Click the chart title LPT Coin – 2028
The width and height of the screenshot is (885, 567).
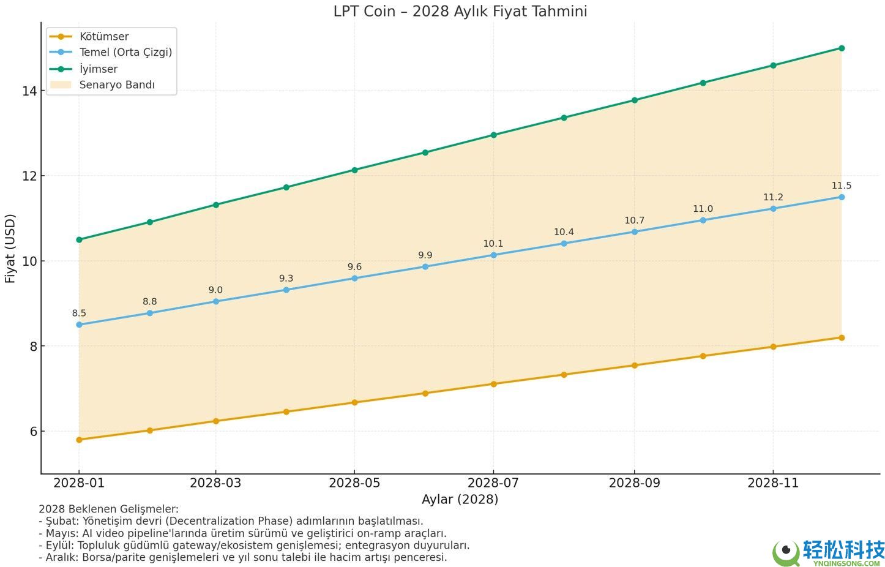click(460, 11)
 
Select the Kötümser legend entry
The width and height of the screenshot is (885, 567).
click(104, 37)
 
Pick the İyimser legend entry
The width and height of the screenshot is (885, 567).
click(99, 69)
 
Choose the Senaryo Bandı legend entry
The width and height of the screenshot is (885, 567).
click(117, 85)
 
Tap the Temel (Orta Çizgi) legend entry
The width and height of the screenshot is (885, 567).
click(125, 53)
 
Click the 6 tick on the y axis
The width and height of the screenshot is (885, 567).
click(32, 432)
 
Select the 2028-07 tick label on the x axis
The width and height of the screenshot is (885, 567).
click(493, 483)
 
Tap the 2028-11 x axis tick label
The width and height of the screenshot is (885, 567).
click(773, 483)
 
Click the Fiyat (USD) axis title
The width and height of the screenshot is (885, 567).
click(10, 249)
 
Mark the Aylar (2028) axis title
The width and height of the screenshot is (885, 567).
click(460, 500)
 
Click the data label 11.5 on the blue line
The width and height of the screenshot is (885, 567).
click(841, 186)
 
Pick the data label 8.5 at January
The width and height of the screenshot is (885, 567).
click(79, 314)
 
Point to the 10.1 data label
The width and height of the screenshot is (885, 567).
click(493, 244)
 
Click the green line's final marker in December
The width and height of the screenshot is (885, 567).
click(842, 48)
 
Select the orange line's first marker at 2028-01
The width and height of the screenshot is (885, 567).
click(79, 440)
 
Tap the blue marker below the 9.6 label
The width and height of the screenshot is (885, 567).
click(354, 279)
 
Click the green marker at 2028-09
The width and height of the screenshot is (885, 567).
click(635, 100)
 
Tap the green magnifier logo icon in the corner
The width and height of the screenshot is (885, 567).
click(786, 553)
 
